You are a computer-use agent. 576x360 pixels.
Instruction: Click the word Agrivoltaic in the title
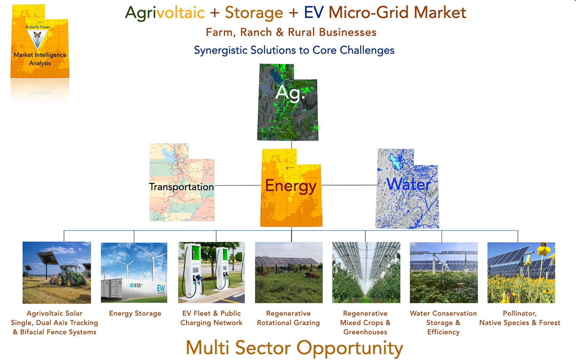(165, 13)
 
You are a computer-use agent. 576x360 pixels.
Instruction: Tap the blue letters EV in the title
(314, 12)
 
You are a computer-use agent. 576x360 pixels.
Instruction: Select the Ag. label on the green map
(290, 93)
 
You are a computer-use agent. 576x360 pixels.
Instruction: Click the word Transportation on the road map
(182, 187)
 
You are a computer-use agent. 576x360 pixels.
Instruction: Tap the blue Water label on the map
(408, 184)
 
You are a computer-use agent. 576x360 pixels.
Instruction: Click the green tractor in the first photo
(71, 276)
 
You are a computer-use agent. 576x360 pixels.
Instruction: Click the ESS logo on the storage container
(136, 285)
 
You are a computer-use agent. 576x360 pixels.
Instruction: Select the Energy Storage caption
(135, 313)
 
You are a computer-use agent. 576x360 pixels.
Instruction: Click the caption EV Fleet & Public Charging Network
(211, 318)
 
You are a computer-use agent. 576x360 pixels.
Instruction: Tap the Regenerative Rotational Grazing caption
(288, 318)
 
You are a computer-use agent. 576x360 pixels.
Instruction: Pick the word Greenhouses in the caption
(365, 332)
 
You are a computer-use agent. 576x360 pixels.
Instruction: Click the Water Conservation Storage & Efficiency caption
(443, 323)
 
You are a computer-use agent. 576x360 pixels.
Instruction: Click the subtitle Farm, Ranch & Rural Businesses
(291, 33)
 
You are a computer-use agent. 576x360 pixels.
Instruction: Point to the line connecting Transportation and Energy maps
(238, 185)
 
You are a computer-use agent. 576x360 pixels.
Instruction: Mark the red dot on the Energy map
(287, 168)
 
